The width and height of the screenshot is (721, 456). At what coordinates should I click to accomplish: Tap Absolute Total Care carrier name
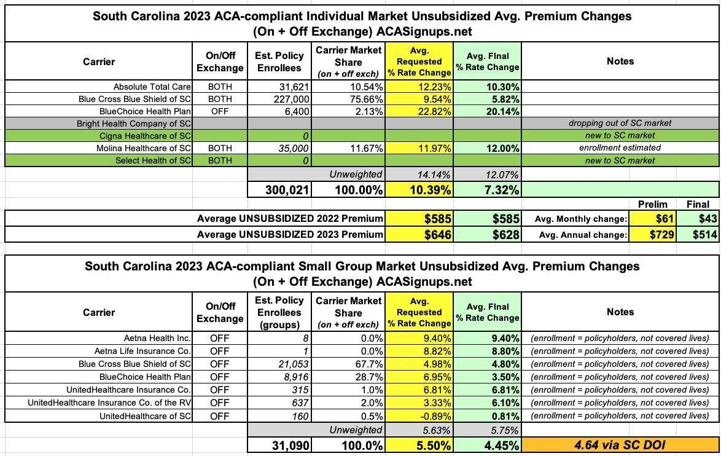tap(152, 87)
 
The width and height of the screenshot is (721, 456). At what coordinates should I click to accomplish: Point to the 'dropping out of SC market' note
tap(620, 124)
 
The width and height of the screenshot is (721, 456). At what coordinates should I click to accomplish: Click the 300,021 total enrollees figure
tap(279, 191)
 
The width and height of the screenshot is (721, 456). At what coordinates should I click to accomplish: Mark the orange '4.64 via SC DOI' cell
tap(620, 445)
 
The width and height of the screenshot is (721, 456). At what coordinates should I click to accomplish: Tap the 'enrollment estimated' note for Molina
tap(620, 148)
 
